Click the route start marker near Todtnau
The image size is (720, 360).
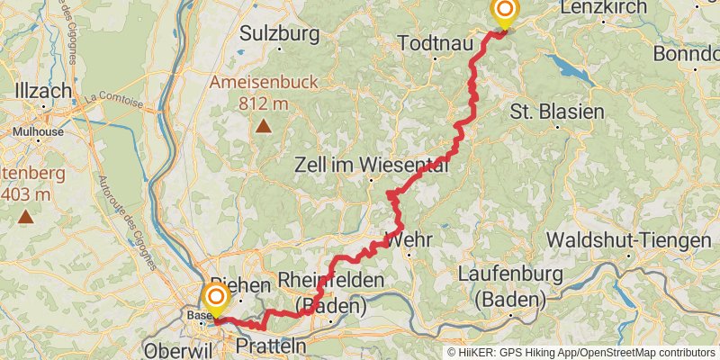[505, 12]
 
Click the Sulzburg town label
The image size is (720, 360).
[280, 35]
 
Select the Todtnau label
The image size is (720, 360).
[435, 43]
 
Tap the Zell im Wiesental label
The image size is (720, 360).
[372, 166]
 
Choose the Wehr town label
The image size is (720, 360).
[409, 239]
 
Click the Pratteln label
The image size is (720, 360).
[270, 346]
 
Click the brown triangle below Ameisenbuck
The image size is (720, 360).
[263, 125]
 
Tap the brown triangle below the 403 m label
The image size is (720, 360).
[27, 216]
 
